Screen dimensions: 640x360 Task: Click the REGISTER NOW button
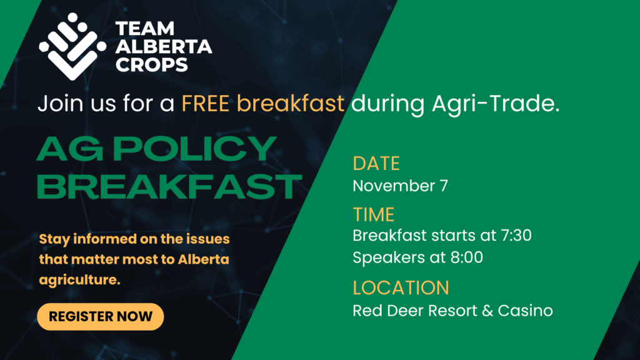(x=101, y=316)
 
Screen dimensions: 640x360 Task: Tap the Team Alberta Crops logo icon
(x=72, y=46)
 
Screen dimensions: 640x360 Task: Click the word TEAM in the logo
(x=145, y=29)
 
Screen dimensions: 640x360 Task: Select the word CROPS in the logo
(x=151, y=64)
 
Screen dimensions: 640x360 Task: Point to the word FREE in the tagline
(x=205, y=103)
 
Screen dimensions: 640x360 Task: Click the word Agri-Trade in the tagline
(x=496, y=103)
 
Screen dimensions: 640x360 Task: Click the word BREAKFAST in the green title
(x=169, y=186)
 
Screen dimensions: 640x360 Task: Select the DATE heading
(x=376, y=163)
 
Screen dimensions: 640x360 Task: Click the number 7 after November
(x=444, y=186)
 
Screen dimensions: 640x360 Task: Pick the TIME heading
(x=374, y=215)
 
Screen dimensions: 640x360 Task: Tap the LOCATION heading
(x=401, y=287)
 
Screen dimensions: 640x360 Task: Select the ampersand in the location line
(x=487, y=311)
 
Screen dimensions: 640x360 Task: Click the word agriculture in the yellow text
(x=79, y=280)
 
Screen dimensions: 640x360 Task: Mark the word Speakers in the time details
(x=389, y=257)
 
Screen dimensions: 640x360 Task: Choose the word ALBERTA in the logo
(x=164, y=46)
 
